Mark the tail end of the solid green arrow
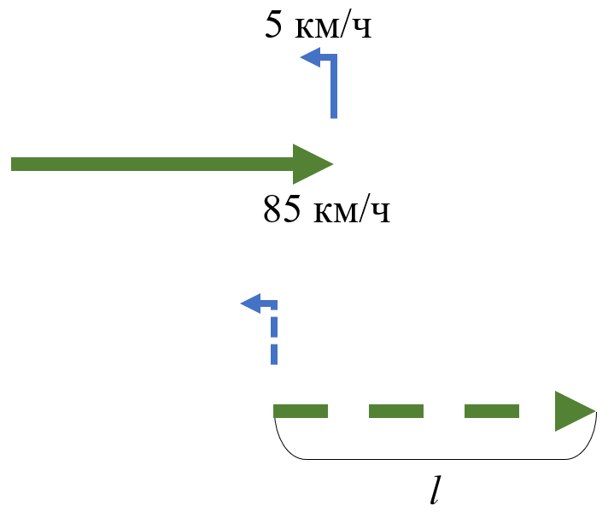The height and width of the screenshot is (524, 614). (x=15, y=164)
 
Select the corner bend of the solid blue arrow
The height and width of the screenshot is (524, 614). (x=333, y=59)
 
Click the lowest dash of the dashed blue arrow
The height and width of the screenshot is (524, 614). (x=274, y=353)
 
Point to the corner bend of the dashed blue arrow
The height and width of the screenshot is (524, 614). (x=273, y=304)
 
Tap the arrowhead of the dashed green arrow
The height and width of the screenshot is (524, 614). (x=573, y=411)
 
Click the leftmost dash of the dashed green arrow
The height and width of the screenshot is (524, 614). (x=301, y=411)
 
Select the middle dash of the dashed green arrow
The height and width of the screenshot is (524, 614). (x=395, y=411)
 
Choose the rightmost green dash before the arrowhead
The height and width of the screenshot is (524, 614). (x=491, y=411)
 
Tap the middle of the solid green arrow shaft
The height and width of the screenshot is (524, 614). (x=154, y=164)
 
